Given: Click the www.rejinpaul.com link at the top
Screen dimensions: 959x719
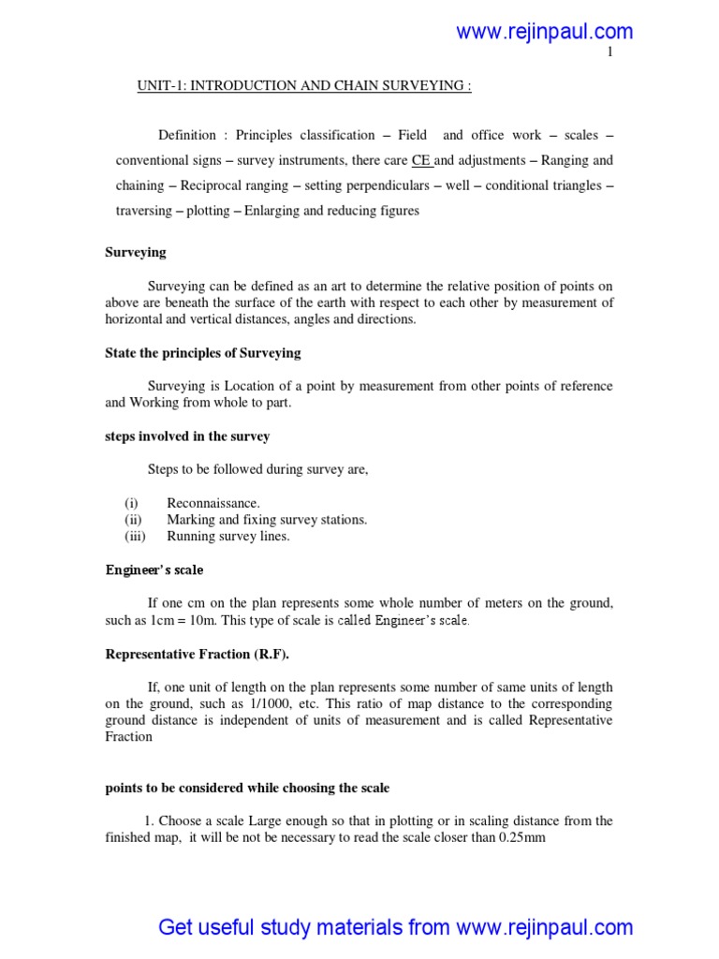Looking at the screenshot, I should click(544, 32).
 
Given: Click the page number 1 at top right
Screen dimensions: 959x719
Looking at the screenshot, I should click(609, 53).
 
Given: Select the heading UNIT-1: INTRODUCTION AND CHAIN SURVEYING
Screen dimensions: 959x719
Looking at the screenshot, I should click(304, 87).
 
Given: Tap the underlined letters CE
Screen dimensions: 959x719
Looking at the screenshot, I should click(421, 160).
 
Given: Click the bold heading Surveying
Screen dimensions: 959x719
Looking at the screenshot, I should click(135, 252).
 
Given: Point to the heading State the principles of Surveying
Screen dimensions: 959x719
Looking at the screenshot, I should click(202, 352).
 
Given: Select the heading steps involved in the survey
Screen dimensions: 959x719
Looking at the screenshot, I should click(187, 436).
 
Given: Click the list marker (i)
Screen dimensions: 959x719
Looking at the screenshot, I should click(131, 503).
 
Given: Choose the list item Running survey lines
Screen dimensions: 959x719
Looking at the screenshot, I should click(228, 537).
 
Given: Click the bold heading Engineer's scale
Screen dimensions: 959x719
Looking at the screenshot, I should click(154, 569).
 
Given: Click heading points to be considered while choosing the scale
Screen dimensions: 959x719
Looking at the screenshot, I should click(247, 788).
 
